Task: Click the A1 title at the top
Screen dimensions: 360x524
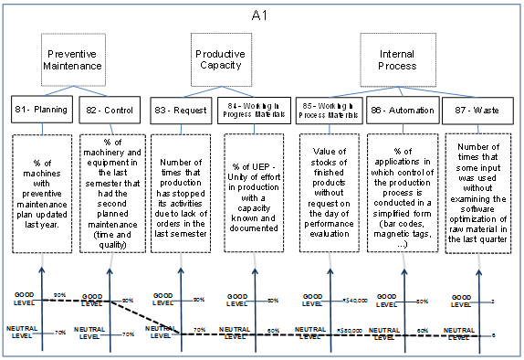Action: (x=261, y=16)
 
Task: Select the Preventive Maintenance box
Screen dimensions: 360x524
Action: (x=70, y=61)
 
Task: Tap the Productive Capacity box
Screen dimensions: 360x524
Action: (x=221, y=60)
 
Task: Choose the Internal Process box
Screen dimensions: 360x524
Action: (x=396, y=60)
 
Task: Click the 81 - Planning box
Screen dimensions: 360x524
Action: (x=38, y=111)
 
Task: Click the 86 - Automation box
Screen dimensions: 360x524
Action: (x=398, y=111)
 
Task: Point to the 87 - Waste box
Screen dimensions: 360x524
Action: (x=470, y=111)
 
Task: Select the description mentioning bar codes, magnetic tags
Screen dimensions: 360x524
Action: (x=398, y=187)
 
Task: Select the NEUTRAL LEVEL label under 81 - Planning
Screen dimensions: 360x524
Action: (x=23, y=331)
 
